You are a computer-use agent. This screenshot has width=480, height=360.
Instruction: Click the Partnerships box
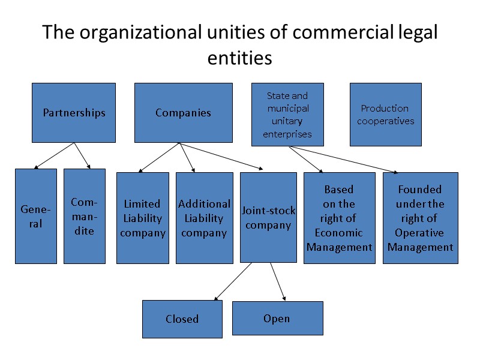(x=74, y=113)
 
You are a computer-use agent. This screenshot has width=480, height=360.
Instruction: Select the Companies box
(x=183, y=113)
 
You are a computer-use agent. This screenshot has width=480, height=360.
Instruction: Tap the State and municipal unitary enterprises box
(x=287, y=115)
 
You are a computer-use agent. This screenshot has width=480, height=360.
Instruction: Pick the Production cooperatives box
(x=385, y=115)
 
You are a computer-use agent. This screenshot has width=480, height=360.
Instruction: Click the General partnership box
(x=36, y=216)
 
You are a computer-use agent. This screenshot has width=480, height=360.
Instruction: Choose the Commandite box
(x=84, y=216)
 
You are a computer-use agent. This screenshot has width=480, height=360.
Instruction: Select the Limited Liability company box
(x=142, y=218)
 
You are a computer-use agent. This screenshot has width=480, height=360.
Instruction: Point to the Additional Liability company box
(x=204, y=218)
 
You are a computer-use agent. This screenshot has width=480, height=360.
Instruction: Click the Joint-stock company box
(x=268, y=217)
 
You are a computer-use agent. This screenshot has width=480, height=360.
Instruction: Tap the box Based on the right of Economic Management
(x=339, y=218)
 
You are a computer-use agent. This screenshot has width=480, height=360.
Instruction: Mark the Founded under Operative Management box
(x=420, y=218)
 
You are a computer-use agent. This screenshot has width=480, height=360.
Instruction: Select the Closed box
(x=182, y=319)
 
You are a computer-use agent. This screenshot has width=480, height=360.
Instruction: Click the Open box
(x=277, y=318)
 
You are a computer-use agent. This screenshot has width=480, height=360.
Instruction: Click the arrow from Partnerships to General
(x=55, y=155)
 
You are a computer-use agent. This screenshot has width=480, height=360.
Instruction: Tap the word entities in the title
(x=239, y=58)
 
